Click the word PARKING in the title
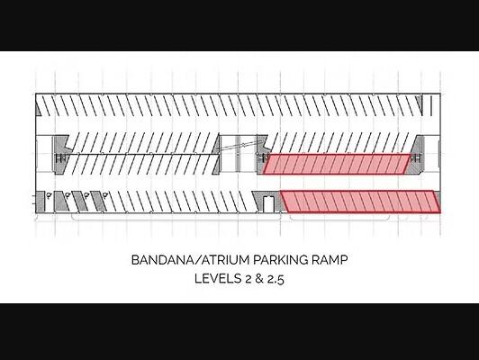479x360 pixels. [x=276, y=260]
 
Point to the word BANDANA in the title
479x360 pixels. [x=162, y=260]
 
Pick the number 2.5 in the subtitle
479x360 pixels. [x=276, y=279]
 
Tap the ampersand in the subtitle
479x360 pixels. [x=259, y=279]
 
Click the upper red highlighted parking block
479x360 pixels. [x=338, y=165]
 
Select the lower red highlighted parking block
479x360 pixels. [x=361, y=202]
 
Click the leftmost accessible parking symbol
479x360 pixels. [x=49, y=194]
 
